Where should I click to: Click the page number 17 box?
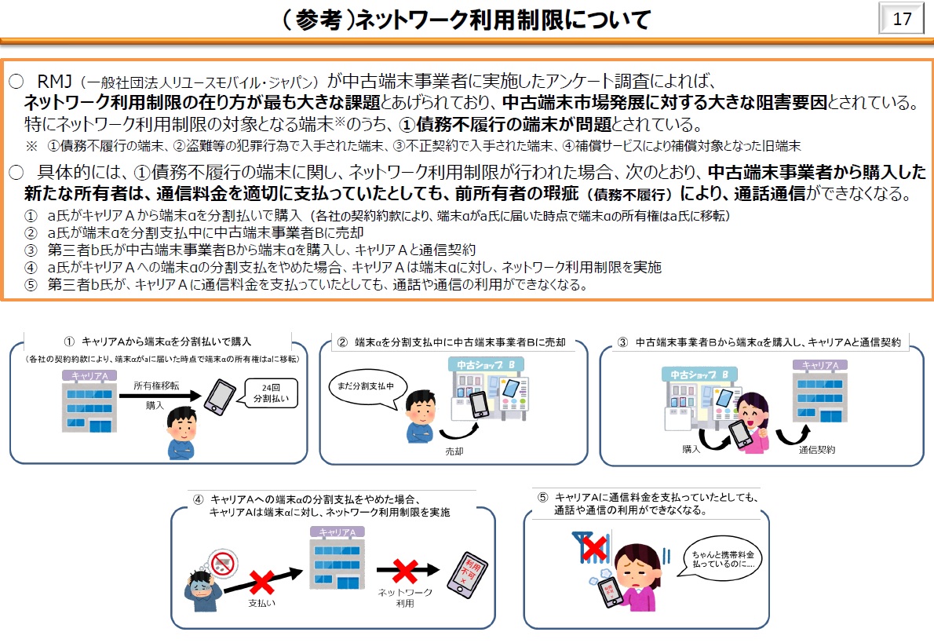902,18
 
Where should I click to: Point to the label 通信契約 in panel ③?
817,450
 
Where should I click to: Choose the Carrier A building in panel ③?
820,397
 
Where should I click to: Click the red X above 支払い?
262,583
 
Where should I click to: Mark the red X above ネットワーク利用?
405,571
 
